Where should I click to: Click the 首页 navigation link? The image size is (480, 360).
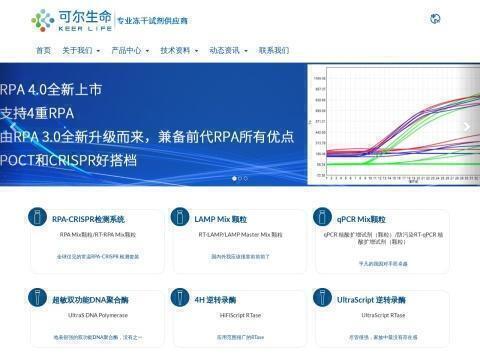click(43, 50)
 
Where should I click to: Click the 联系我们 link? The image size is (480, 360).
click(274, 50)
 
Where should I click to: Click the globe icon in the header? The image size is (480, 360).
click(434, 19)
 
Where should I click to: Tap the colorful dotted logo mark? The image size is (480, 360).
click(43, 19)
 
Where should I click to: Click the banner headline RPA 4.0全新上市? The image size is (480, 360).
click(51, 90)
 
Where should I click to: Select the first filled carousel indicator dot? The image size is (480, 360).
click(235, 179)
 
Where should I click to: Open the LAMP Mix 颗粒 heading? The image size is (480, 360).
click(220, 218)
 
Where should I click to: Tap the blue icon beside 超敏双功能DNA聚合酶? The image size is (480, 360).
click(36, 299)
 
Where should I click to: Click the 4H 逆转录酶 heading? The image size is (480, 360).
click(215, 299)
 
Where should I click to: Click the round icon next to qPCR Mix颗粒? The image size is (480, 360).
click(323, 218)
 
